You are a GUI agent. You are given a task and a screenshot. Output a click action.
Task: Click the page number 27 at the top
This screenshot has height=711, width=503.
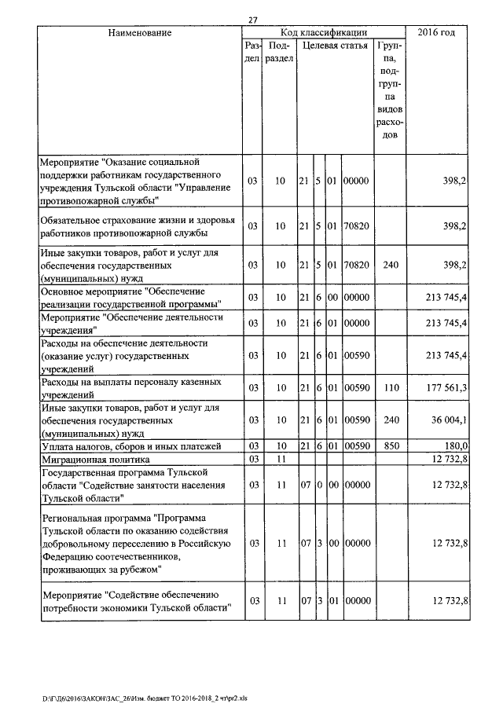click(252, 20)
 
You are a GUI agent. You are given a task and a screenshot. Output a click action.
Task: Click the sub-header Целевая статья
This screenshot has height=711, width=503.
click(335, 46)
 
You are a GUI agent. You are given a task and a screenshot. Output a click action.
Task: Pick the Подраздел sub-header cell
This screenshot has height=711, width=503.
click(279, 52)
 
